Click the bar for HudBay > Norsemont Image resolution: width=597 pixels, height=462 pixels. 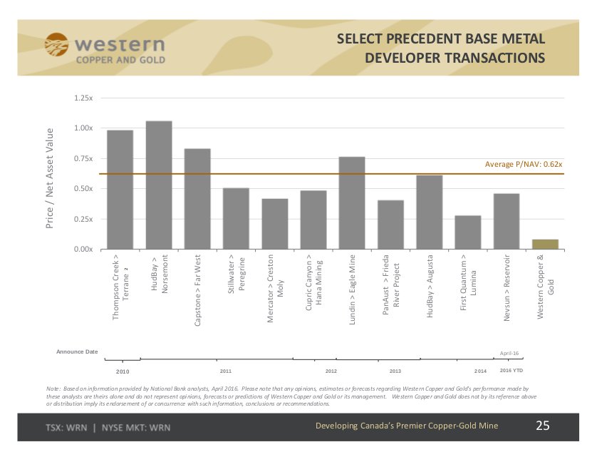tap(159, 185)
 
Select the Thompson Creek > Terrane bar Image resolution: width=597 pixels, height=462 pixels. tap(120, 190)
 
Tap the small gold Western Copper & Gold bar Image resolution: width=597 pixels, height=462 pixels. tap(545, 245)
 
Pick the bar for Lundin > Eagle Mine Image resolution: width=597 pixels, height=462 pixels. tap(352, 203)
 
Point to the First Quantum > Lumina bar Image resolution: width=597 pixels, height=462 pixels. tap(467, 232)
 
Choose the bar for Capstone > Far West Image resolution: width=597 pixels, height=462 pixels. tap(197, 199)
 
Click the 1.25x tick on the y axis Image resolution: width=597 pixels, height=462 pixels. tap(83, 97)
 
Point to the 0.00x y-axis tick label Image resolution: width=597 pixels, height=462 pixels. tap(83, 250)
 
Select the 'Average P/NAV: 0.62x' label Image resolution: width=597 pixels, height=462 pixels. tap(524, 165)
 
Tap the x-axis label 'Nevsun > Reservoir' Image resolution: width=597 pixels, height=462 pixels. tap(507, 289)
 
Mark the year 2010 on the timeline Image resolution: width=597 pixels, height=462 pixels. tap(123, 371)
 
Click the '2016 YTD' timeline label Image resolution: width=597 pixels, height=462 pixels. tap(511, 371)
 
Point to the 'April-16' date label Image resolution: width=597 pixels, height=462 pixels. tap(509, 353)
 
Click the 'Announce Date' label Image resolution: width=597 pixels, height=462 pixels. tap(77, 352)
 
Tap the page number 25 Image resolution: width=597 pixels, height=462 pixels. tap(543, 426)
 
